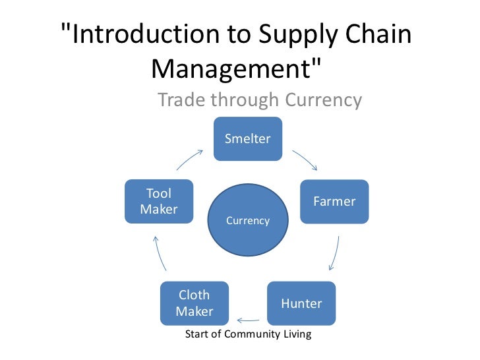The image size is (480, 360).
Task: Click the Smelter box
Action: pos(248,138)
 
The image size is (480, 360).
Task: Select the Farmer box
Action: pos(334,201)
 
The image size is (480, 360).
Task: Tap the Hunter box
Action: pos(301,303)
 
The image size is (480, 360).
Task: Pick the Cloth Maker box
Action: pos(194,303)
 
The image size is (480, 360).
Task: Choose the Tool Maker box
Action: pos(159,201)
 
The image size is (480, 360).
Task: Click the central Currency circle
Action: pos(248,221)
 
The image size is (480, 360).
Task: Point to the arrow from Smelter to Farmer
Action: pos(305,160)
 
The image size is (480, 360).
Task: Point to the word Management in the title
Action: pos(231,67)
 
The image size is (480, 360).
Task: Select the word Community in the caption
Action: pos(253,334)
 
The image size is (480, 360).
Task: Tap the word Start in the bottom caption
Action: pos(197,334)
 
